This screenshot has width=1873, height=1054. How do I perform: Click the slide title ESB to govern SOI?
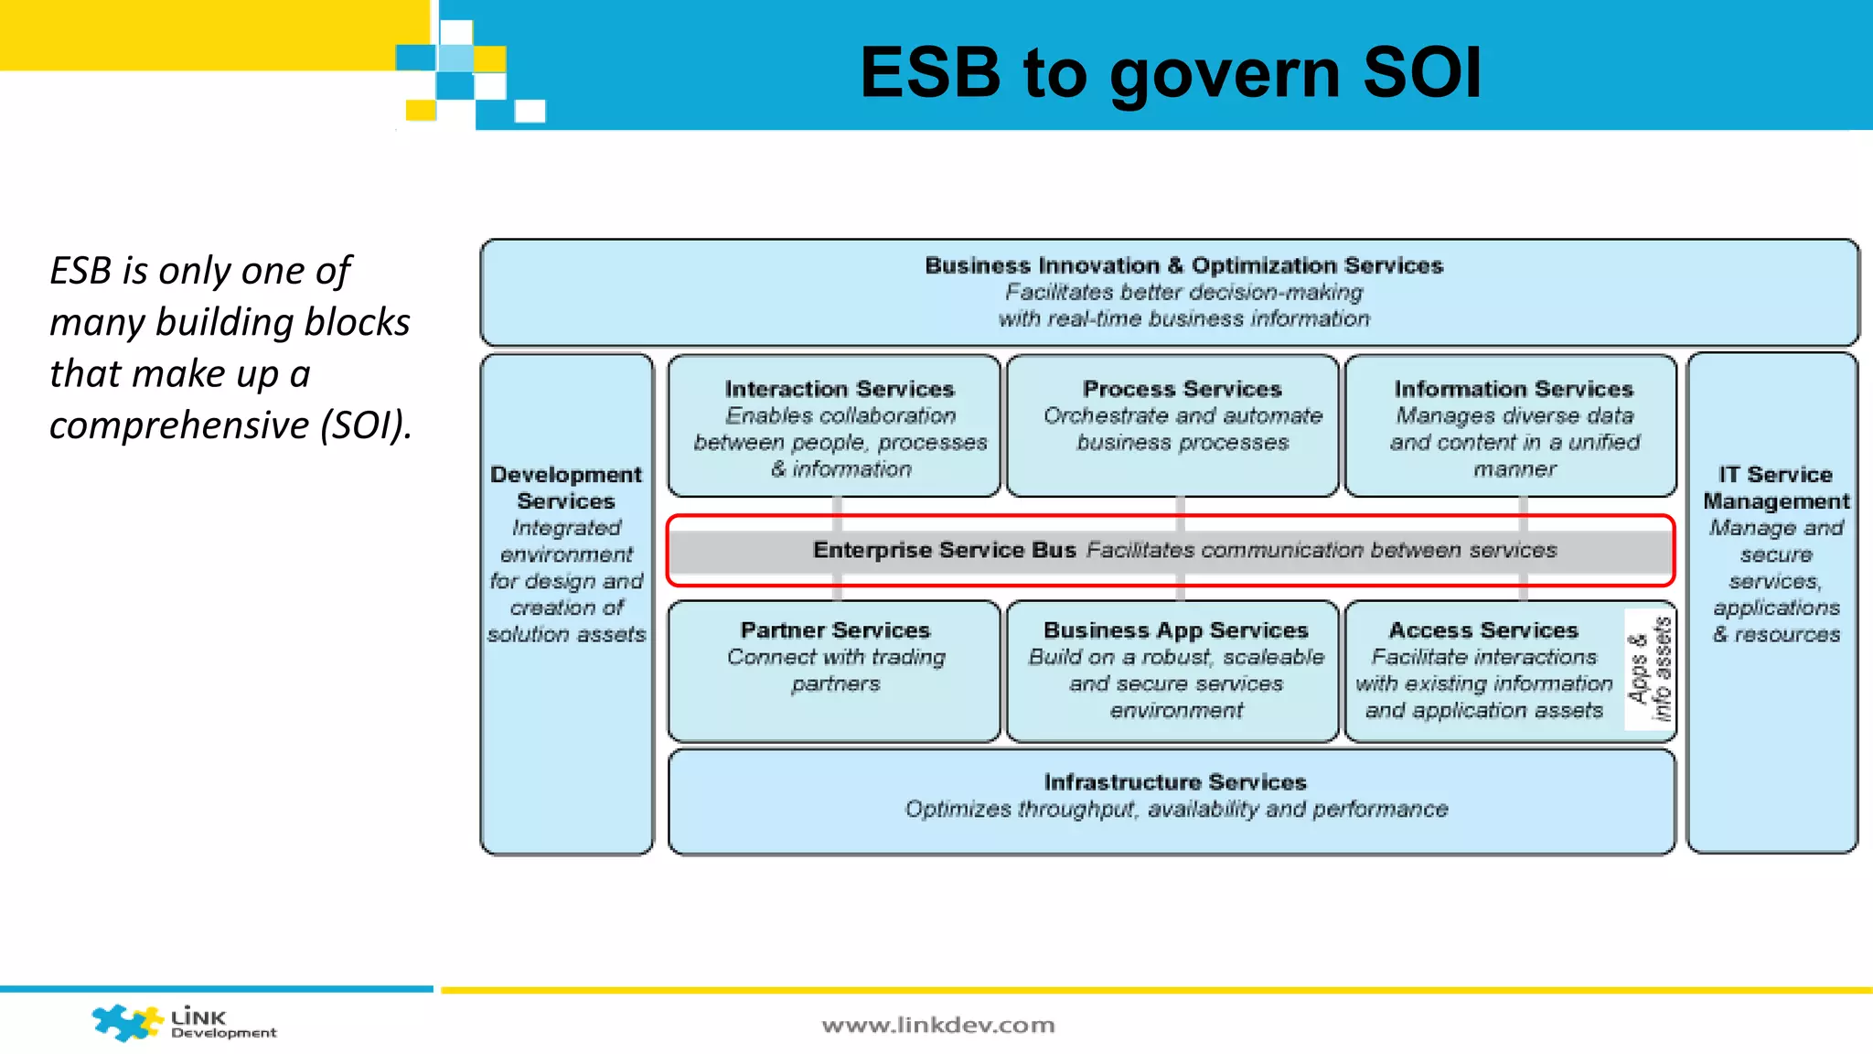pos(1171,72)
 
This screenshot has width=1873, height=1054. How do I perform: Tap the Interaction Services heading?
pos(839,389)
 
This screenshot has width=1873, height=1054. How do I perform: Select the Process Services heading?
pos(1182,389)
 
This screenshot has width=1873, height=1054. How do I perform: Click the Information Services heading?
pos(1513,389)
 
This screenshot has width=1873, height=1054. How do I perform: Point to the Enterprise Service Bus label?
pos(944,550)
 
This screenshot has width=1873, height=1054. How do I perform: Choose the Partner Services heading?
pos(835,630)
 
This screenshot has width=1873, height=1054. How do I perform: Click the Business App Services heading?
pos(1175,630)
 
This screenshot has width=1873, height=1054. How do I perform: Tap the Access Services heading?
pos(1483,630)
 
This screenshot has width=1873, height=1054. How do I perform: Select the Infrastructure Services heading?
pos(1175,782)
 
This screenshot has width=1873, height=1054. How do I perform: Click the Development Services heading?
pos(566,488)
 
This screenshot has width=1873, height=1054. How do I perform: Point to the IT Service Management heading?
pos(1775,488)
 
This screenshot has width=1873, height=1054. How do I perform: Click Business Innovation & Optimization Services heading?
pos(1183,265)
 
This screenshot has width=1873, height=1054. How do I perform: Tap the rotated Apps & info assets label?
pos(1651,669)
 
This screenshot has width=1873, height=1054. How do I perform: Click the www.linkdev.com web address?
pos(938,1025)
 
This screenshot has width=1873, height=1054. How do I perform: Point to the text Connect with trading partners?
pos(835,671)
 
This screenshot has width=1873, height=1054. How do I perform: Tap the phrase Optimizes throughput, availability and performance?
pos(1176,810)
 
